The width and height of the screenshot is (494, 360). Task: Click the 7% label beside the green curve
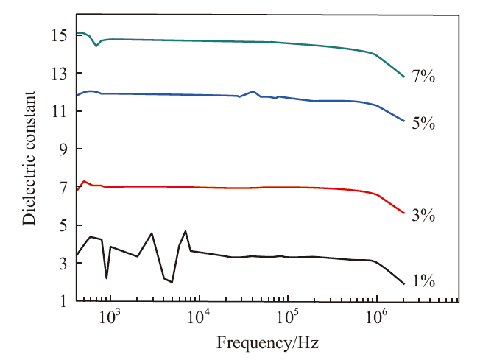pyautogui.click(x=423, y=77)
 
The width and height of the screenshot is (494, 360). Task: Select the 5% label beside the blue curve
pyautogui.click(x=423, y=123)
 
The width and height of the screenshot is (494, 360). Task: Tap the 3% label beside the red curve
pyautogui.click(x=423, y=216)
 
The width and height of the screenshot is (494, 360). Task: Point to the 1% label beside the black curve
pyautogui.click(x=423, y=280)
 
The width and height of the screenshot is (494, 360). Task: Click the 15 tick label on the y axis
pyautogui.click(x=59, y=35)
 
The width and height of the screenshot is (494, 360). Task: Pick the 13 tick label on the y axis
pyautogui.click(x=59, y=74)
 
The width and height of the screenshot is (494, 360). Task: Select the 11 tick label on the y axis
pyautogui.click(x=59, y=111)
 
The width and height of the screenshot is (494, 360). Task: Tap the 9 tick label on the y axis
pyautogui.click(x=63, y=149)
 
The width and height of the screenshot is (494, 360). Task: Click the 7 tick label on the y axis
pyautogui.click(x=63, y=188)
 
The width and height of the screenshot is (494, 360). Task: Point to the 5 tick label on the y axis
pyautogui.click(x=63, y=226)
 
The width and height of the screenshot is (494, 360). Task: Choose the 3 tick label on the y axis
pyautogui.click(x=63, y=264)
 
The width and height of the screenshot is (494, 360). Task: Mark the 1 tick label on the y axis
pyautogui.click(x=63, y=301)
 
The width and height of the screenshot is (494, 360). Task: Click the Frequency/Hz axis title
pyautogui.click(x=267, y=342)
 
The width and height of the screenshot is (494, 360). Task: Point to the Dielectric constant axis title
pyautogui.click(x=29, y=158)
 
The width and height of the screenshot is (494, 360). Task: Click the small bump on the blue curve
pyautogui.click(x=253, y=91)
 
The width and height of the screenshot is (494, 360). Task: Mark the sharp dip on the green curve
pyautogui.click(x=96, y=46)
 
